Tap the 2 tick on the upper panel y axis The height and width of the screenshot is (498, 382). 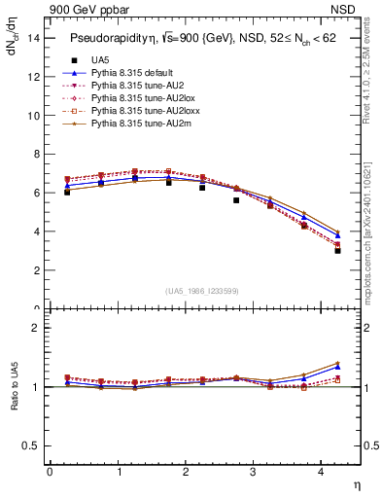37,270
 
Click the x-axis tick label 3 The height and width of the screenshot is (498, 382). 253,473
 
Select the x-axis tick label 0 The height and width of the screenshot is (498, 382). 50,473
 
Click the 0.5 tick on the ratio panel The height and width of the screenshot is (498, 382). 32,445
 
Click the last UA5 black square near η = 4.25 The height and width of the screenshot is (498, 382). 337,250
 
